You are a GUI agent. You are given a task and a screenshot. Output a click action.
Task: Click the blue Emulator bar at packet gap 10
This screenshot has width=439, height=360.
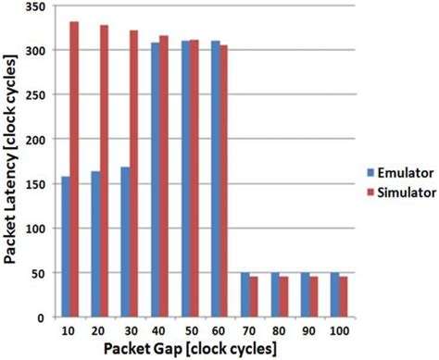(x=65, y=246)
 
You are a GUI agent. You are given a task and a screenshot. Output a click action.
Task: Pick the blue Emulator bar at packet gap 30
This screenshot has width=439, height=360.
(x=125, y=242)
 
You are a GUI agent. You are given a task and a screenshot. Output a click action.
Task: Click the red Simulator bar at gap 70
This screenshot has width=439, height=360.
(x=253, y=296)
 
